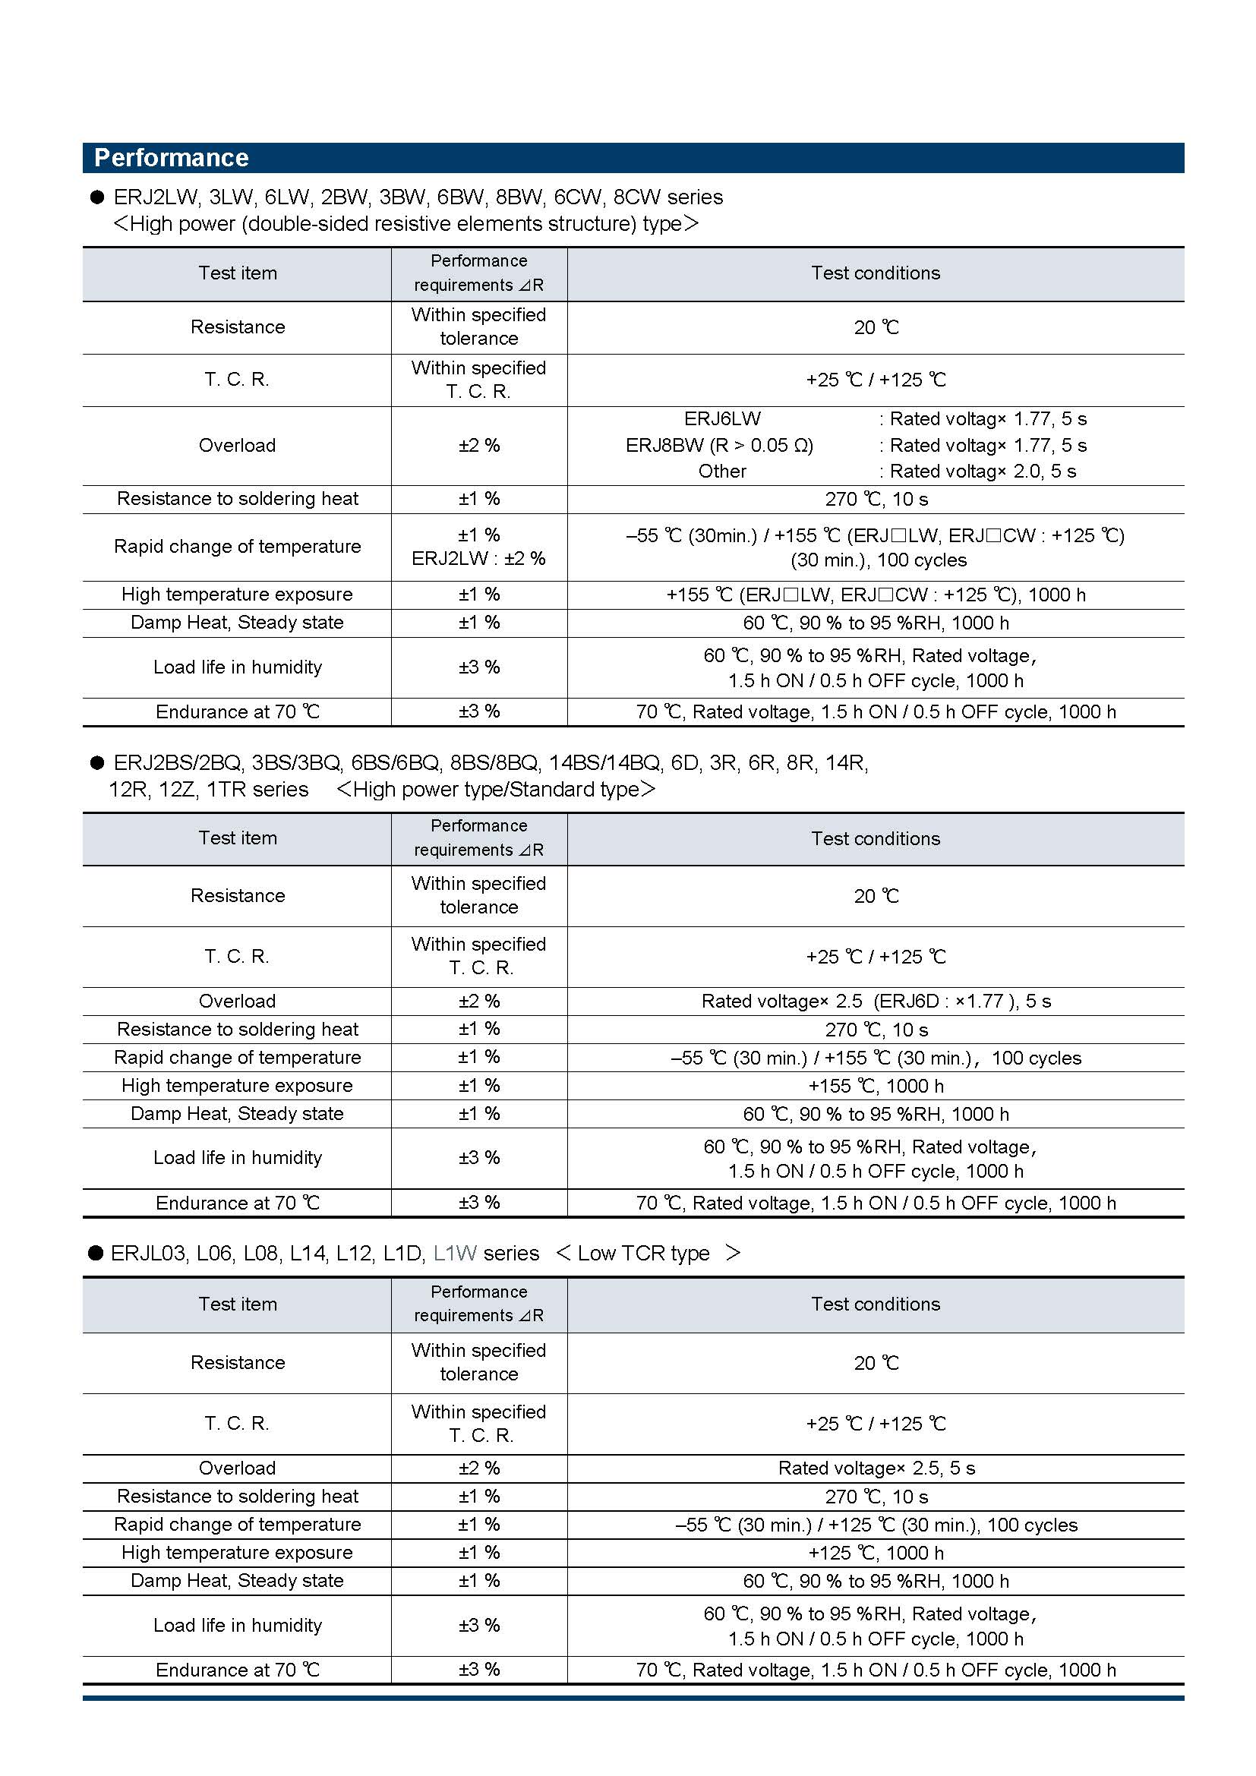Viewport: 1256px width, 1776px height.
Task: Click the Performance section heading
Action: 171,158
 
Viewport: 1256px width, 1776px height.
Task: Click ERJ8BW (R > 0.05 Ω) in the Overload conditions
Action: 719,446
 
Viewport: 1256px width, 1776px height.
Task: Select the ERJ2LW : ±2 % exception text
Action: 478,559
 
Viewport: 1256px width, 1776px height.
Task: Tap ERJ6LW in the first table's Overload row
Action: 722,419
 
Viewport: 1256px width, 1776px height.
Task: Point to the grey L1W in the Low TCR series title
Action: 455,1253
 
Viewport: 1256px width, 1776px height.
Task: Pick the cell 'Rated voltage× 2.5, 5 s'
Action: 876,1468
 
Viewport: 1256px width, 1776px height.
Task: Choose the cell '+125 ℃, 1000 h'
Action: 876,1553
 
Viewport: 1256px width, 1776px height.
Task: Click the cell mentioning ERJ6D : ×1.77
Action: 876,1001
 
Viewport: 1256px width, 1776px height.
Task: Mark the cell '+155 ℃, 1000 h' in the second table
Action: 876,1086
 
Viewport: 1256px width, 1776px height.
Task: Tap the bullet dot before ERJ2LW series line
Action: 96,197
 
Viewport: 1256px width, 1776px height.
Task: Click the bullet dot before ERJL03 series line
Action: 96,1253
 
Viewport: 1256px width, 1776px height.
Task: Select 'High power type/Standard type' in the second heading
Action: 496,790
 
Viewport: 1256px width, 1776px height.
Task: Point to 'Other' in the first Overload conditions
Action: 722,472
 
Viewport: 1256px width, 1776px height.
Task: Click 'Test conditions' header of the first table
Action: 876,273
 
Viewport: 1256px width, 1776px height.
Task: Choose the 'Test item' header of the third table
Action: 238,1304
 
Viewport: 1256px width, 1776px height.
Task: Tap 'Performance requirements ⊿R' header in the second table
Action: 478,838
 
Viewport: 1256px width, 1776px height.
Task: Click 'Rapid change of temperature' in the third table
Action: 238,1525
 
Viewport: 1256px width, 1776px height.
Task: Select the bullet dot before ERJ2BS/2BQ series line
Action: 96,763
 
